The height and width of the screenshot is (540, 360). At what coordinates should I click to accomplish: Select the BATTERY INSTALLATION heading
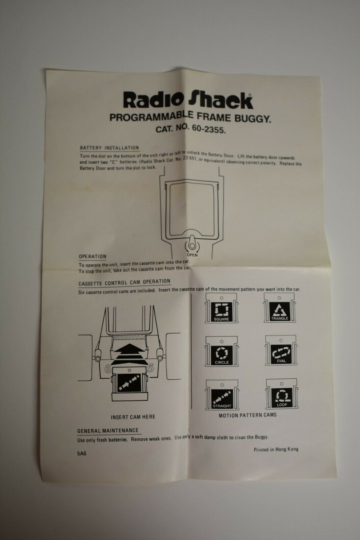coord(109,148)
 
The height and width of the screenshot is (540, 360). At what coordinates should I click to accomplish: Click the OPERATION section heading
coord(93,256)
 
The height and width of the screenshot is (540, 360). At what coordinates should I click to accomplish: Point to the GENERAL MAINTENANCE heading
coord(108,431)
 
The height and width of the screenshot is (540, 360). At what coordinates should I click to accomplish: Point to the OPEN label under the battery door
coord(192,255)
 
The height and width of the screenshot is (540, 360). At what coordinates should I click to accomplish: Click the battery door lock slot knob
coord(192,243)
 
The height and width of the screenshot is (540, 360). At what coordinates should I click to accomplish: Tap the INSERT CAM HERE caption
coord(133,417)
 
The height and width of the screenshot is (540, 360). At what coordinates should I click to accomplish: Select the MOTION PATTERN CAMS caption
coord(248,415)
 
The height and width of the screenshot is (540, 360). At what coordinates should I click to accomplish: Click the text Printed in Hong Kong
coord(276,449)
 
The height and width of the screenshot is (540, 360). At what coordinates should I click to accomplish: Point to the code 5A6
coord(81,454)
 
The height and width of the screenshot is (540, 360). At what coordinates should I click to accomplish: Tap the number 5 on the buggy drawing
coord(150,368)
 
